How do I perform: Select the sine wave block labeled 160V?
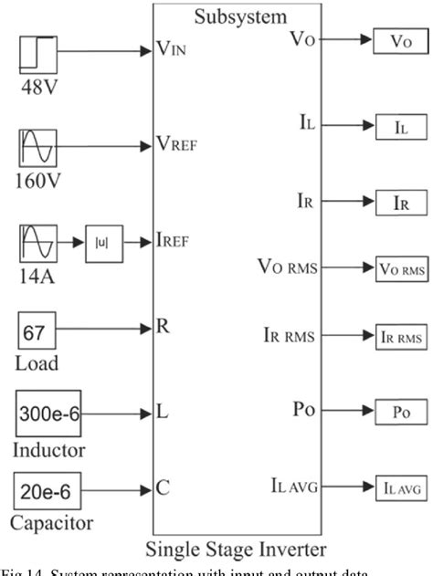click(x=38, y=148)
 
